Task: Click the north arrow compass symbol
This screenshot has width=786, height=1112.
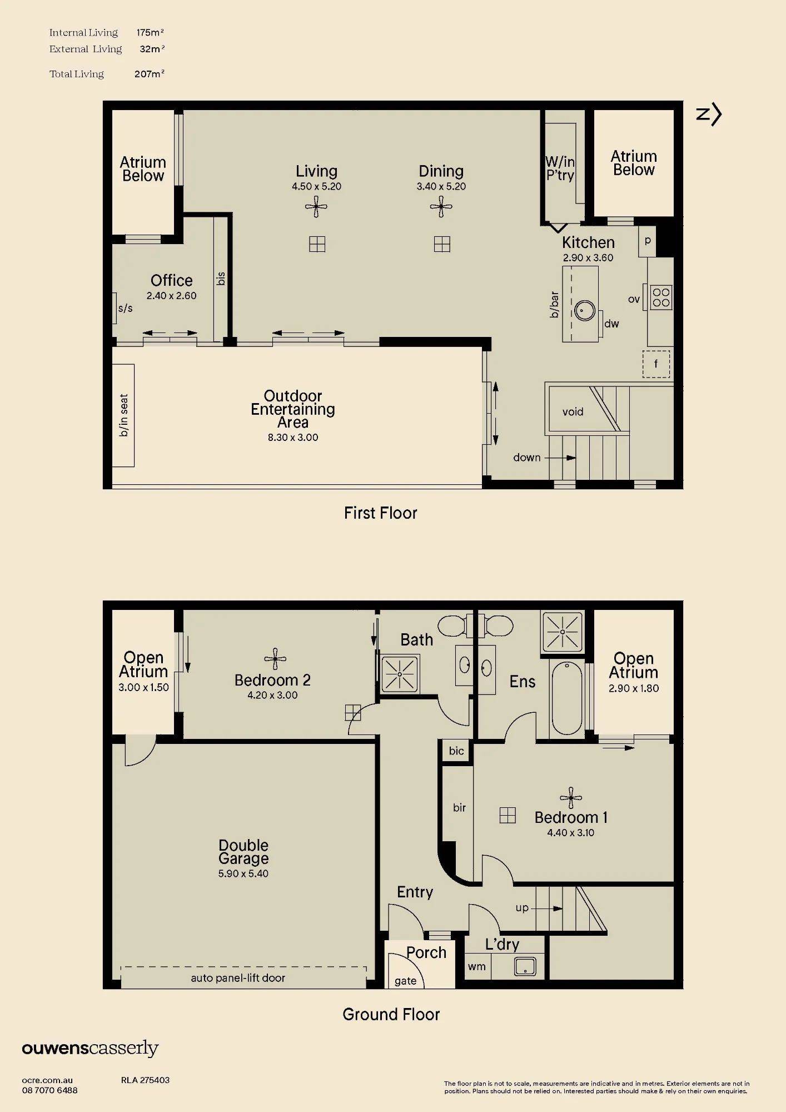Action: coord(709,115)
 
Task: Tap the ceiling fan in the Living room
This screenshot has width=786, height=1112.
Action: coord(316,207)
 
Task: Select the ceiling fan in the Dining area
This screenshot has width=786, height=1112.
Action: coord(441,207)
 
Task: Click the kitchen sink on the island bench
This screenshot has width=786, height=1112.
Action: coord(585,310)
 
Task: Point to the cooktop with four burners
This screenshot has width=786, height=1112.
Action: coord(661,297)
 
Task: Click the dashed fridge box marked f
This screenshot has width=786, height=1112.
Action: coord(656,364)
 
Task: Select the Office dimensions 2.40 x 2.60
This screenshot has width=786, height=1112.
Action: coord(171,296)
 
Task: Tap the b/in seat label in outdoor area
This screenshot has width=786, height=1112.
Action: coord(123,415)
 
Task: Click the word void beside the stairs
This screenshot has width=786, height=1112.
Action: coord(573,412)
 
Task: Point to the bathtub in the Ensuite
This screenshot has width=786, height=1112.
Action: coord(566,698)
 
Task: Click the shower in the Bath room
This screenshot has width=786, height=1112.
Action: coord(400,674)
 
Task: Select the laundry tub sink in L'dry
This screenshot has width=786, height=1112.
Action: coord(525,966)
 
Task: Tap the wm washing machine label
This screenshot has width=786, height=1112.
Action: coord(476,967)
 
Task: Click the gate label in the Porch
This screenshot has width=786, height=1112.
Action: coord(405,981)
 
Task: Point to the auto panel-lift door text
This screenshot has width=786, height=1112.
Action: coord(238,978)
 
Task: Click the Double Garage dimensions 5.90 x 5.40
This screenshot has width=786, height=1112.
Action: coord(243,873)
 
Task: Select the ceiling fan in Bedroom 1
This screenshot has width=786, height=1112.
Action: coord(571,798)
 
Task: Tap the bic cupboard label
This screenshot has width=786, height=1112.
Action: coord(456,751)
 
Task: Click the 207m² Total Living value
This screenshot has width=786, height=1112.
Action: coord(150,74)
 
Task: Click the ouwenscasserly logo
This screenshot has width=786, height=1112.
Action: coord(91,1049)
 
